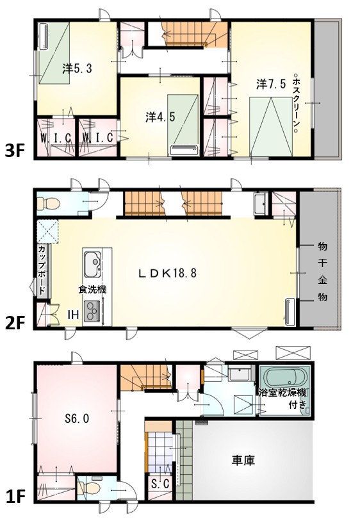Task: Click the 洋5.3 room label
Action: point(77,69)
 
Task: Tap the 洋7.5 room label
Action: point(271,84)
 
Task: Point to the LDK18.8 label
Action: point(167,273)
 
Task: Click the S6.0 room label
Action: point(77,418)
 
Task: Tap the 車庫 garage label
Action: point(243,461)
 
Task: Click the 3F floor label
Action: point(15,151)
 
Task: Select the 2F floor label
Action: point(15,323)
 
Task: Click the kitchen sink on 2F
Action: point(93,265)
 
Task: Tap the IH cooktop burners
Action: point(93,311)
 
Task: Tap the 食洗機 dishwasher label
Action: point(92,290)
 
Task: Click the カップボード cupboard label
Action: point(43,270)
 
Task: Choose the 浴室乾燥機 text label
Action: point(282,393)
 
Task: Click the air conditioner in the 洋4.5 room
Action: point(184,151)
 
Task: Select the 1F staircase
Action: point(145,377)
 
